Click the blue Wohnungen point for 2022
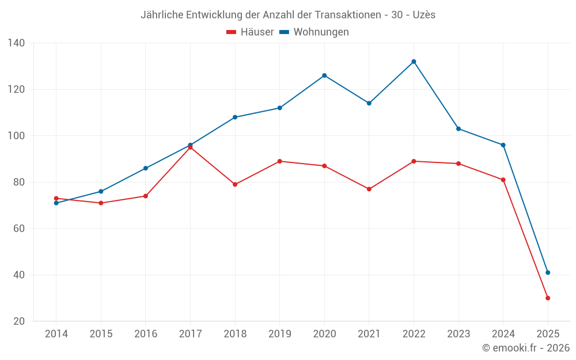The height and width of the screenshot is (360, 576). tap(414, 62)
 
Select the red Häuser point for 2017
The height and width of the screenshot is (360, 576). tap(190, 147)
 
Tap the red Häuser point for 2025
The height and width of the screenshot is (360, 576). tap(548, 298)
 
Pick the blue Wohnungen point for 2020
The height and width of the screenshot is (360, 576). tap(324, 75)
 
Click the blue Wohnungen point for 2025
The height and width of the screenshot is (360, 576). tap(548, 272)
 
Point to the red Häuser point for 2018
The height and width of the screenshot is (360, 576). tap(235, 184)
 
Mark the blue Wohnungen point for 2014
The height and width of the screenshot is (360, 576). tap(56, 203)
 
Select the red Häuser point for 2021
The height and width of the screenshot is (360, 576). tap(369, 189)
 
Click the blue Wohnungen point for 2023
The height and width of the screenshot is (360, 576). tap(458, 128)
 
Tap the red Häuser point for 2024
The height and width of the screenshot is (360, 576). tap(503, 180)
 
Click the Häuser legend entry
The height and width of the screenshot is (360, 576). tap(250, 32)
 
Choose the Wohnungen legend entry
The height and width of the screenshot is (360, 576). tap(314, 32)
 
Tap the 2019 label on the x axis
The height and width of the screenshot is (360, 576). tap(279, 334)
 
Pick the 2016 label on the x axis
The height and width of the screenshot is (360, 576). tap(145, 334)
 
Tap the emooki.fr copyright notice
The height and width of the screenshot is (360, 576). tap(526, 348)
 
